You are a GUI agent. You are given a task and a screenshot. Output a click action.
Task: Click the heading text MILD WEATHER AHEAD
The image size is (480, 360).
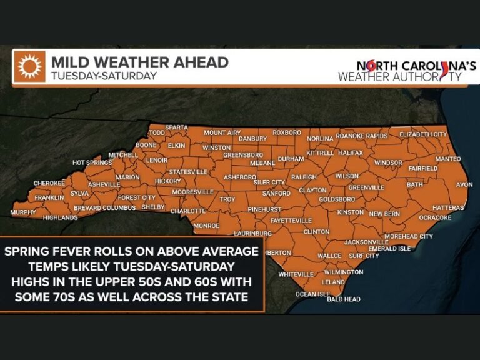coord(139,62)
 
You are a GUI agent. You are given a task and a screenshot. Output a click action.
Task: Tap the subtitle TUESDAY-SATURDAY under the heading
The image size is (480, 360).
coord(103,76)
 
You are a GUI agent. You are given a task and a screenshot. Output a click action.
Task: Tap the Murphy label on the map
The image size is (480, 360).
coord(23,213)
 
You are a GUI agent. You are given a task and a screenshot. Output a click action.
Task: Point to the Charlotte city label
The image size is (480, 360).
coord(188,211)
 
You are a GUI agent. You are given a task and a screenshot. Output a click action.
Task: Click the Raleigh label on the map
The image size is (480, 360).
coord(304,177)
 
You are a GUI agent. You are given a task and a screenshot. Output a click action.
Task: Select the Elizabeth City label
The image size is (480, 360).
coord(423,134)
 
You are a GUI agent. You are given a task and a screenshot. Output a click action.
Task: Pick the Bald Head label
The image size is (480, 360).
coord(344,299)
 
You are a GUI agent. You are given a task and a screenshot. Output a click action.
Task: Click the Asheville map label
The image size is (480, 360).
coord(104,184)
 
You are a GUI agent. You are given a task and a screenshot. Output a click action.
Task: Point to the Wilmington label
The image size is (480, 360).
coord(343,272)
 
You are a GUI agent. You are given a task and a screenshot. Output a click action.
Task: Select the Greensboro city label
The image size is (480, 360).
coord(243,154)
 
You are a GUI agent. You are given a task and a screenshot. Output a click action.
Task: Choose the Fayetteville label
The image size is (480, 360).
coord(291,221)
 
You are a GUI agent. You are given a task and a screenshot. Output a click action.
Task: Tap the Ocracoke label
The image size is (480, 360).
coord(434,217)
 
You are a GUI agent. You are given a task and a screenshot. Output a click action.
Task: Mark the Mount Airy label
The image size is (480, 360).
coord(222,132)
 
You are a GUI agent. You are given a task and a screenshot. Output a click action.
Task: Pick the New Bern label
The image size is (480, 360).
coord(384,214)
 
